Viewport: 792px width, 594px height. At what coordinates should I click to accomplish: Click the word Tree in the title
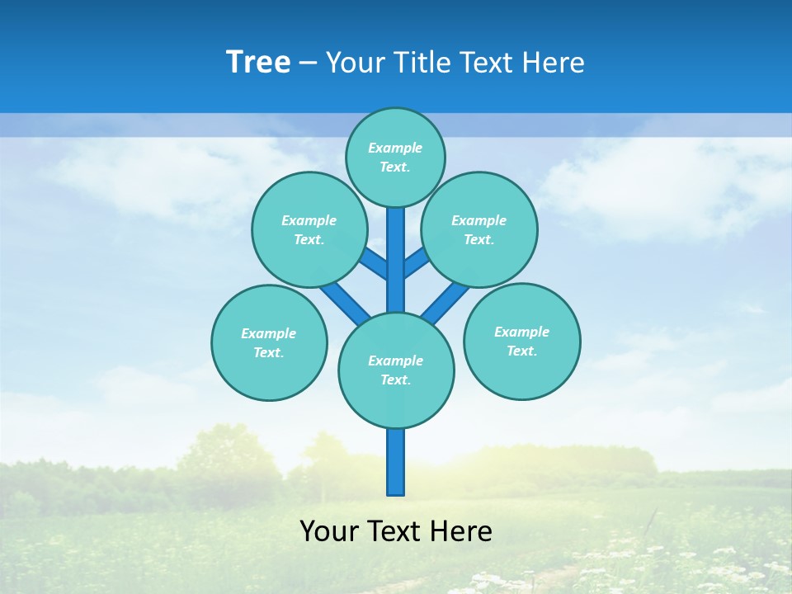pyautogui.click(x=258, y=63)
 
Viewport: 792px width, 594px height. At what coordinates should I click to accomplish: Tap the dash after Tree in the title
pyautogui.click(x=309, y=64)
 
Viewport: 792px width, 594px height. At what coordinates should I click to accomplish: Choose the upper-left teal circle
pyautogui.click(x=309, y=229)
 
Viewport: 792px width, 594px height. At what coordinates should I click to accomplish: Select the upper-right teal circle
pyautogui.click(x=479, y=229)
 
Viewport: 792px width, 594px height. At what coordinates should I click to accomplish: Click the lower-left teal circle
pyautogui.click(x=269, y=342)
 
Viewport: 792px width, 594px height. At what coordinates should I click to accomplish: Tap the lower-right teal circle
pyautogui.click(x=522, y=341)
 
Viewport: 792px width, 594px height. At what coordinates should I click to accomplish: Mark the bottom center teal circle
pyautogui.click(x=396, y=370)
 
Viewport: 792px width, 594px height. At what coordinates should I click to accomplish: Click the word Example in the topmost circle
pyautogui.click(x=395, y=148)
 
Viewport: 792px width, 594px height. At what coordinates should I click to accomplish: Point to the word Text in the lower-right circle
pyautogui.click(x=521, y=351)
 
